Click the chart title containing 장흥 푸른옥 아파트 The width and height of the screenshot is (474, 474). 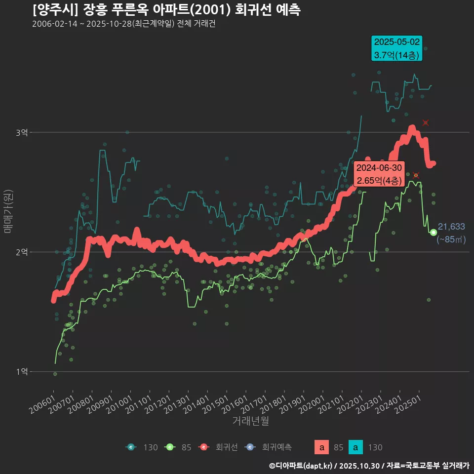[x=166, y=9]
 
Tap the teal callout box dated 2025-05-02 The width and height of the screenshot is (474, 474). [x=397, y=48]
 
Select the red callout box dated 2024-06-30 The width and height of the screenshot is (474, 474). [x=379, y=174]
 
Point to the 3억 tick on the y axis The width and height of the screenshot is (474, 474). [x=21, y=132]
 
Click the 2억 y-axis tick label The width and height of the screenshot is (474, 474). [x=21, y=252]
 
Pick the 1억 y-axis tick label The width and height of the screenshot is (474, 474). [x=21, y=371]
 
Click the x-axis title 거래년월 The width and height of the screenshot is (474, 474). [x=250, y=421]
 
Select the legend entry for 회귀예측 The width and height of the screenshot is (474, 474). [x=269, y=447]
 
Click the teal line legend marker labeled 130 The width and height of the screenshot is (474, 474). [x=131, y=447]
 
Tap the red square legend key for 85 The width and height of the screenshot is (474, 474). [x=321, y=447]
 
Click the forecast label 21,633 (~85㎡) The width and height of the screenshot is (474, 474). [x=451, y=233]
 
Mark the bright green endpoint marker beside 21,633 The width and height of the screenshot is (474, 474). [x=433, y=232]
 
